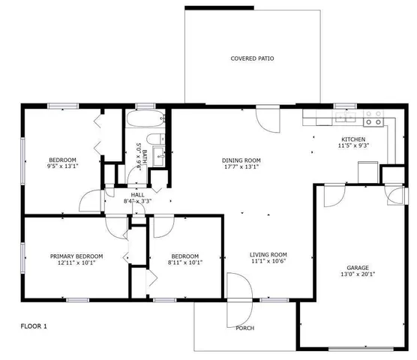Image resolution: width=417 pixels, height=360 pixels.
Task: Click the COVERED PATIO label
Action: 250,58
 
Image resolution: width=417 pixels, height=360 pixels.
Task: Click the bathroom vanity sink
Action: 159,157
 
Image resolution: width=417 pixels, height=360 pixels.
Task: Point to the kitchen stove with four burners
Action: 373,118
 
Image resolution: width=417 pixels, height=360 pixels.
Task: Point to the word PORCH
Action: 244,328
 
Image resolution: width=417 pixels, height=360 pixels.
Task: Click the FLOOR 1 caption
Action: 33,326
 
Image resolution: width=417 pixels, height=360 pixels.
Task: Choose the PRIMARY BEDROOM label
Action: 76,256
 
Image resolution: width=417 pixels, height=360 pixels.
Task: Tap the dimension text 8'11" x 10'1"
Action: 184,262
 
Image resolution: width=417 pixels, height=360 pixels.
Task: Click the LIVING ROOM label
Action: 268,255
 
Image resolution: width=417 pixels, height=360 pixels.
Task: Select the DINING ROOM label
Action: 241,160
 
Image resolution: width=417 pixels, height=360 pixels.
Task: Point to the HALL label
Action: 136,193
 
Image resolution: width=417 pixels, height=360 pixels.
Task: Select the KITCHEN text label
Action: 353,139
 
